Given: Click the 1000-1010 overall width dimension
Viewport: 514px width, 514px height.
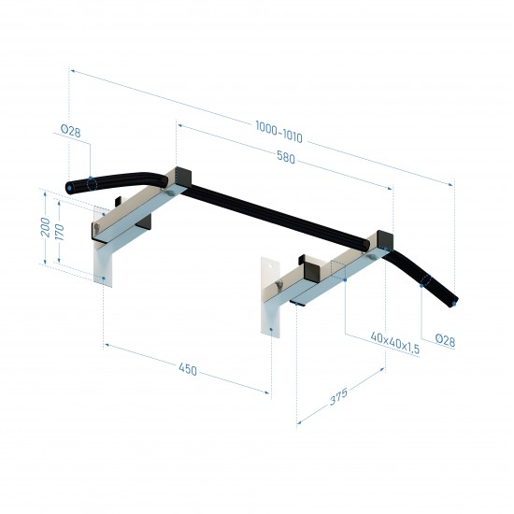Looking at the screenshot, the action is [x=278, y=132].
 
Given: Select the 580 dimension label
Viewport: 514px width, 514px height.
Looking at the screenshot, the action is [x=286, y=157].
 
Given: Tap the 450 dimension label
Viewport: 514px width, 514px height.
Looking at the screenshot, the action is [x=188, y=369].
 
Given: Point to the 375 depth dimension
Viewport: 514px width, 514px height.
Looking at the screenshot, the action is [x=338, y=396].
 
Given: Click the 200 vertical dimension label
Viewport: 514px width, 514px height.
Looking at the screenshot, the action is [x=45, y=227].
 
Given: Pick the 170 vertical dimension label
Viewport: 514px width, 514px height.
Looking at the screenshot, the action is [x=59, y=232].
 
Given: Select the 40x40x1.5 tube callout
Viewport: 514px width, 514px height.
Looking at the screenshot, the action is [x=394, y=343].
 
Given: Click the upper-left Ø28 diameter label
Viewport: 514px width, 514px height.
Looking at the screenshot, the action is [x=70, y=131].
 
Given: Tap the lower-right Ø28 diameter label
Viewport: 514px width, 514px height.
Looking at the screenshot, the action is [x=445, y=340].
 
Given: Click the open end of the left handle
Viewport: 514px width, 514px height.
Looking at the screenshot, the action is [x=70, y=188].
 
